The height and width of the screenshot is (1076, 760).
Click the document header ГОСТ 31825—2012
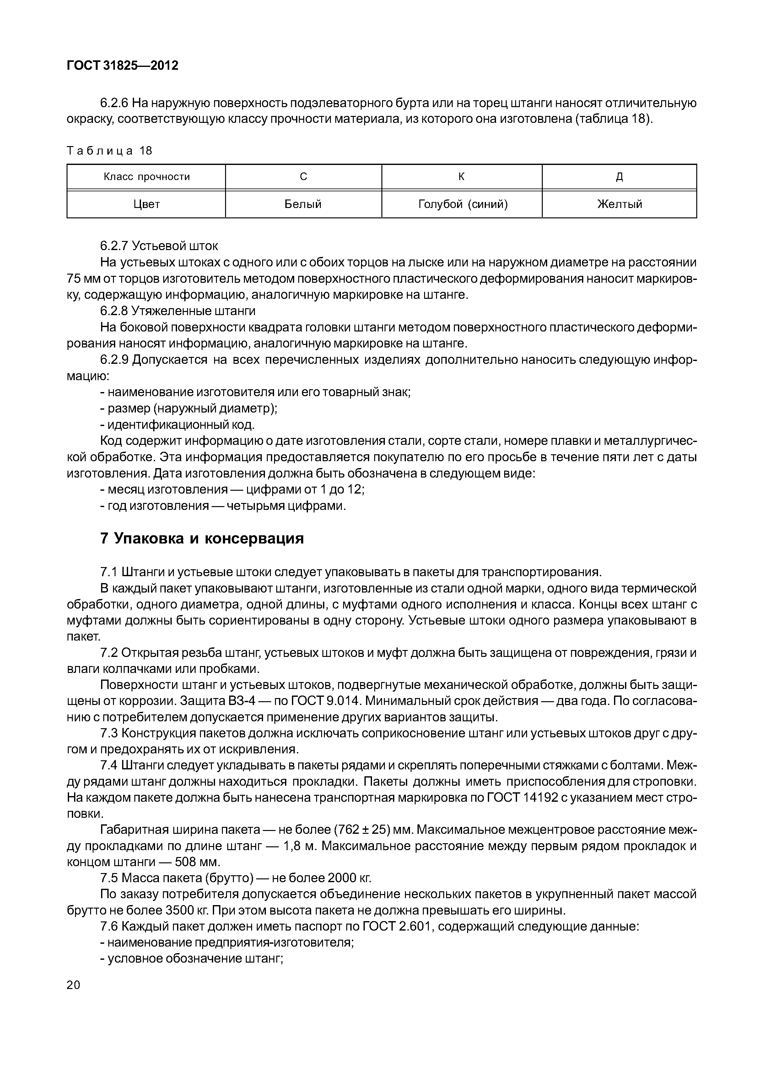[123, 66]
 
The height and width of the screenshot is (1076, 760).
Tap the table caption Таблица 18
[110, 150]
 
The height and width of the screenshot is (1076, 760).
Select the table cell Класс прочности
[147, 177]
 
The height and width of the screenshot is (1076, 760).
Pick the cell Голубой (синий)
[462, 204]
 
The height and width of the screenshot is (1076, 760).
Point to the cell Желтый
[619, 204]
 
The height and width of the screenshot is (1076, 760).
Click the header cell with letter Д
[619, 177]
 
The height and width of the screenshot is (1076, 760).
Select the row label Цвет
[147, 204]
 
